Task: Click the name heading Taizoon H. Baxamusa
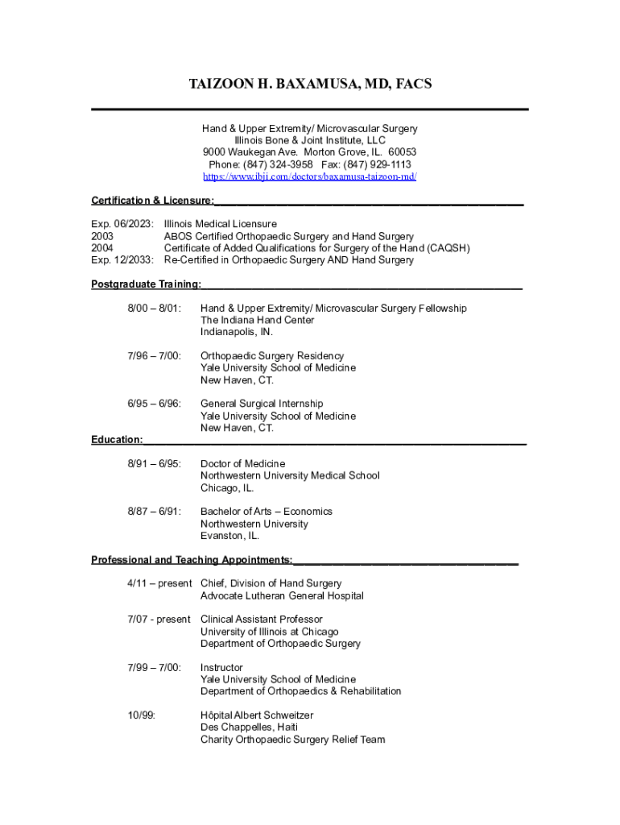click(x=310, y=84)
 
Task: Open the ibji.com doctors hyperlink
click(x=310, y=176)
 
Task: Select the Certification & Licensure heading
click(x=152, y=200)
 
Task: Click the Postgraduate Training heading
click(x=146, y=284)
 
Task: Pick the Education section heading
click(x=117, y=439)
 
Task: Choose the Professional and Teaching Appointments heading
click(x=191, y=559)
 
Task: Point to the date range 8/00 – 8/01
click(x=155, y=309)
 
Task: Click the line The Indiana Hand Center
click(x=258, y=320)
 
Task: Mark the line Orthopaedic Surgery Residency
click(x=272, y=356)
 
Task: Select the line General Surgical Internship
click(x=262, y=404)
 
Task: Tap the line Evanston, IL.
click(x=229, y=536)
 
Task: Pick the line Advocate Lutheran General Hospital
click(x=282, y=596)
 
